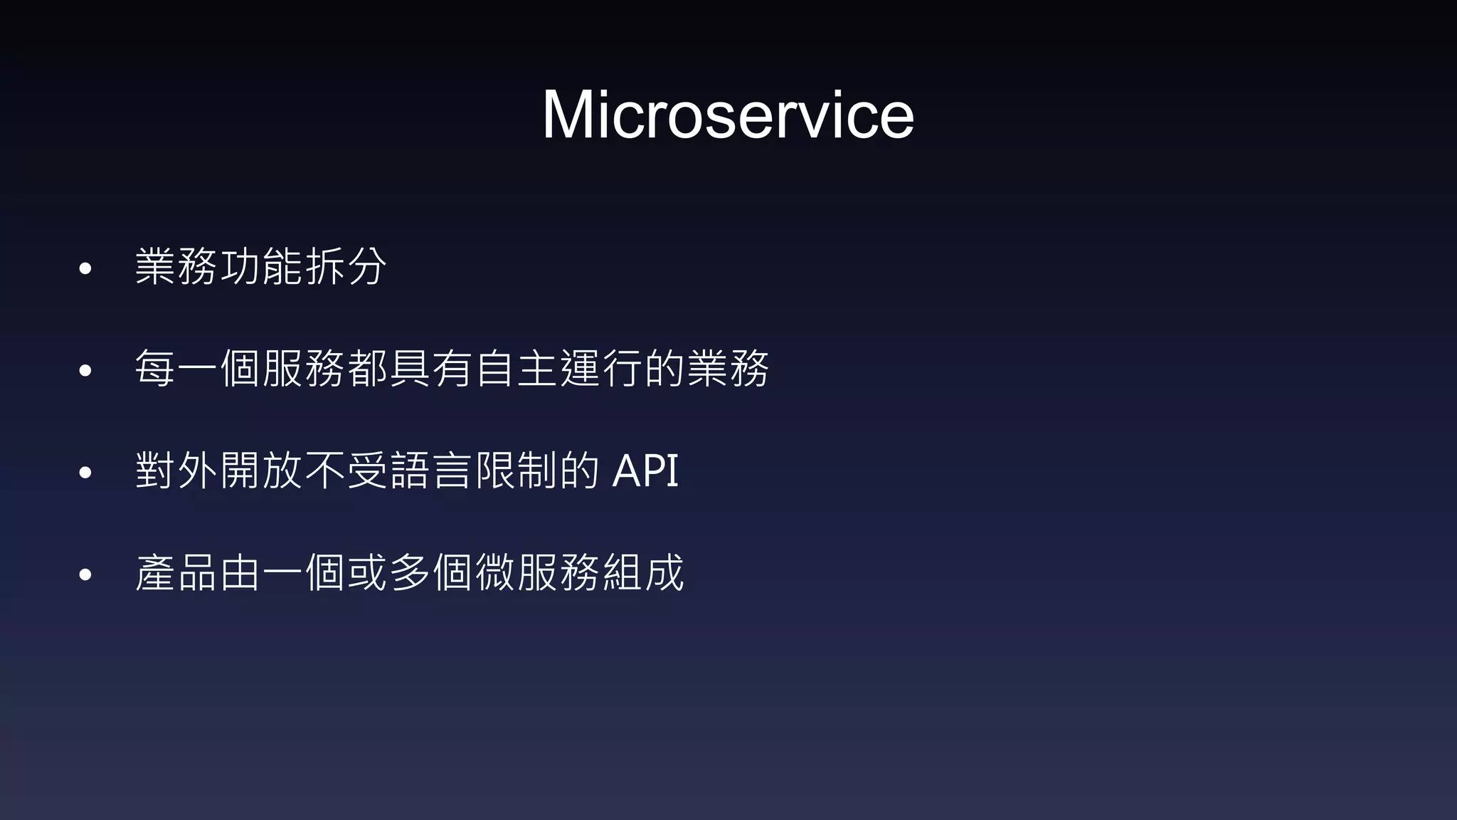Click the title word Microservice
click(728, 115)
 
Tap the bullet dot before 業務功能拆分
click(86, 269)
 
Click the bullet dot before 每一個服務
click(86, 371)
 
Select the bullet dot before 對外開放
click(86, 473)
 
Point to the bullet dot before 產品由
click(86, 574)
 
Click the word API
click(645, 471)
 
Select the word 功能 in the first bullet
click(260, 267)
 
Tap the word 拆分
click(346, 267)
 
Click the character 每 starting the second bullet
click(154, 369)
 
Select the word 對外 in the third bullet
click(175, 471)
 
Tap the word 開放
click(260, 471)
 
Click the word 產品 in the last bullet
click(175, 573)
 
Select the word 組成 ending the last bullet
click(643, 573)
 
